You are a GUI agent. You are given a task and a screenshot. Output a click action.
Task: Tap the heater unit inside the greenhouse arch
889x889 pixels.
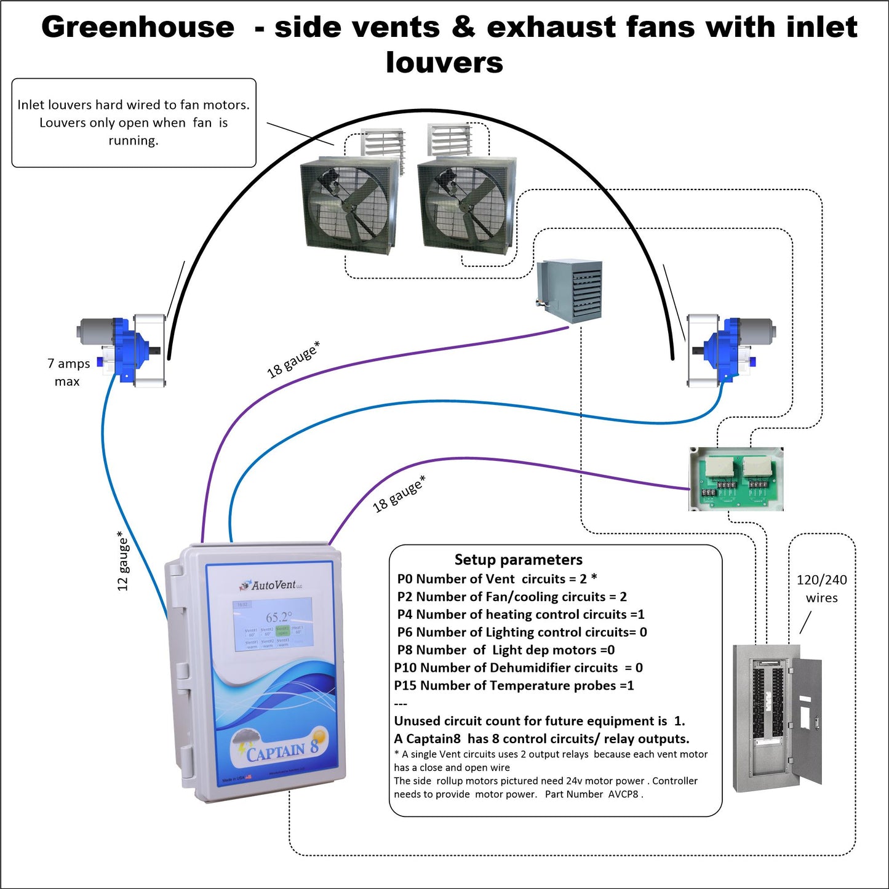pos(569,291)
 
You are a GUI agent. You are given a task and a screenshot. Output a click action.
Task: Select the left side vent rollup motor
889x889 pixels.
pos(123,351)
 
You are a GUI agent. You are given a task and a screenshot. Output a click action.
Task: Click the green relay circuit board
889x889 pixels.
pos(736,479)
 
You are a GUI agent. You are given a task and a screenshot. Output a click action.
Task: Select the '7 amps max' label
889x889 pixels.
pos(68,372)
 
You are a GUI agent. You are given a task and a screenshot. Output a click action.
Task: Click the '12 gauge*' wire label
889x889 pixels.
pos(123,561)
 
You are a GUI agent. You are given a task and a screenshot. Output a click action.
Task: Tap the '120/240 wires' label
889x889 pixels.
pos(821,589)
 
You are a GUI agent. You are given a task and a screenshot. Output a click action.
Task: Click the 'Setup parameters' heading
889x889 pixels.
pos(518,559)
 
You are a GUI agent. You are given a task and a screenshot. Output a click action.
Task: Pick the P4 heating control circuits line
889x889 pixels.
pos(520,614)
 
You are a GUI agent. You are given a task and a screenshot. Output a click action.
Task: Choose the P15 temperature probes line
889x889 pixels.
pos(514,685)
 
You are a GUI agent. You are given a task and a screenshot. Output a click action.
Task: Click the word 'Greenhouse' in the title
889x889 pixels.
pos(138,27)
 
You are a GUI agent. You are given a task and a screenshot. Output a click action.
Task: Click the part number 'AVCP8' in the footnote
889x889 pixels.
pos(623,794)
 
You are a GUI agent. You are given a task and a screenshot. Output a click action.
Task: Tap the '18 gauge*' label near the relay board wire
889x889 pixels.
pos(399,494)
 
